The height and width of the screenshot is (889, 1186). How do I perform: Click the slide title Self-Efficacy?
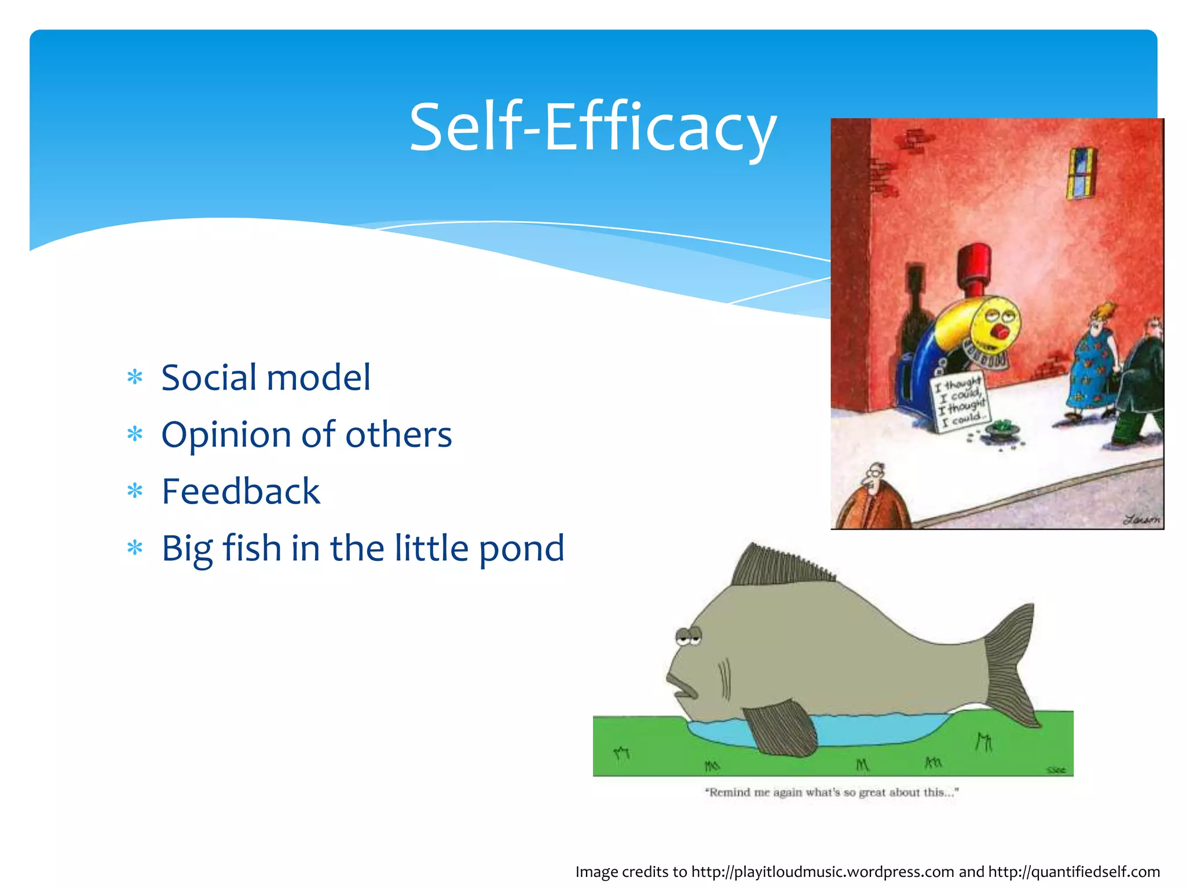pos(592,127)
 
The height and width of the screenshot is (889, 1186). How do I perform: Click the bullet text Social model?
pos(266,377)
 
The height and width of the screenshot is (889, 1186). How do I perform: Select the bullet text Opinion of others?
pos(306,435)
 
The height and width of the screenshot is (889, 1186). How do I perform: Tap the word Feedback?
pos(241,491)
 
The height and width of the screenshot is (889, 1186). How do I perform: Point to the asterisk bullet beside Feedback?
pos(135,491)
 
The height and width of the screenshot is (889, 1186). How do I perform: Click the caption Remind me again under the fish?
pos(832,792)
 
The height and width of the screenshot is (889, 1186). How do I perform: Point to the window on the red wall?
pos(1081,172)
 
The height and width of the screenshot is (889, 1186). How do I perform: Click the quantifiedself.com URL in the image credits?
pos(1074,872)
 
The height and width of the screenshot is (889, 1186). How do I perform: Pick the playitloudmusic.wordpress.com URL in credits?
pos(822,872)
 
